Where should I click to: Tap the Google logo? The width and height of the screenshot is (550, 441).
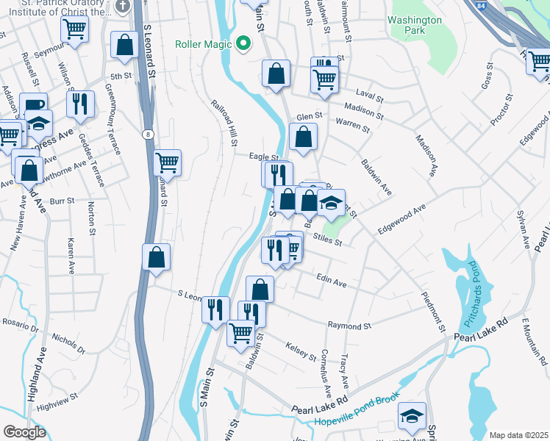tap(24, 432)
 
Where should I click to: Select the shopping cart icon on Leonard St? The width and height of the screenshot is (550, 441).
tap(168, 163)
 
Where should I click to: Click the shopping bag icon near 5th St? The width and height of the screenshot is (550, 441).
tap(125, 45)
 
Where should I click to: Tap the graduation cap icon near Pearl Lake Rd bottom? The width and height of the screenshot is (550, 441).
tap(412, 415)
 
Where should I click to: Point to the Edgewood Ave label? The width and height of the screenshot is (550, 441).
tap(402, 220)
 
